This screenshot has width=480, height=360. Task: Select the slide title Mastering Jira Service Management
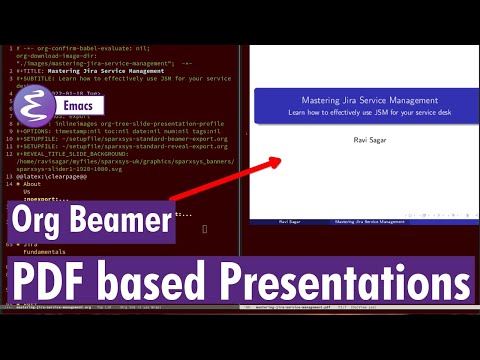click(x=362, y=101)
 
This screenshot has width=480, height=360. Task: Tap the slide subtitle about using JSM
click(x=362, y=113)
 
